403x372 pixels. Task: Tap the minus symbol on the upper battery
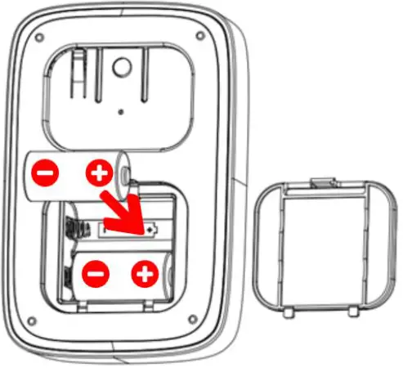click(x=47, y=173)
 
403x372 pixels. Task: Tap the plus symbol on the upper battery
click(x=100, y=173)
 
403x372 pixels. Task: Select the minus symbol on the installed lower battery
click(x=96, y=273)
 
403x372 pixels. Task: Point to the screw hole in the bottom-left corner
click(x=30, y=320)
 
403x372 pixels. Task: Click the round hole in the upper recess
click(x=123, y=65)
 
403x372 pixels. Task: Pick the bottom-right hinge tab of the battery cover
click(x=352, y=312)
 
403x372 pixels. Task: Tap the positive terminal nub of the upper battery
click(x=125, y=173)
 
